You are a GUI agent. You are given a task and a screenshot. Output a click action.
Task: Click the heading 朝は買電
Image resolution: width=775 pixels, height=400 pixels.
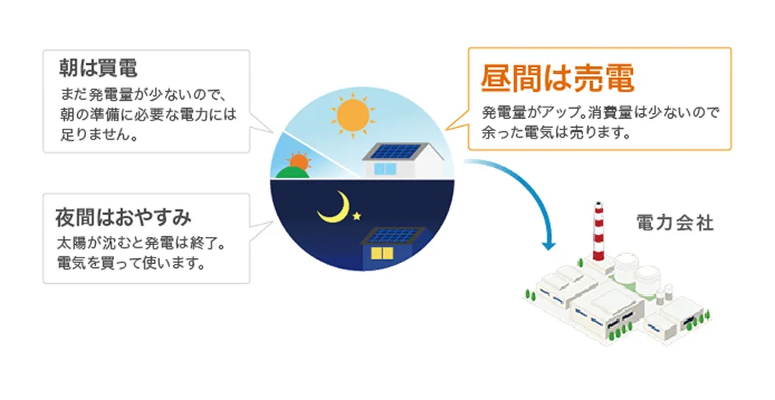tap(98, 69)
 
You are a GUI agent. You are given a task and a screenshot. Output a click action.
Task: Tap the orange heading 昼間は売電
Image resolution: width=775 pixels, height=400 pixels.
tap(557, 79)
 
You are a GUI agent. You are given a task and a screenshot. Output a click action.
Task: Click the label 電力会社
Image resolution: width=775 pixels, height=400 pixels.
tap(675, 223)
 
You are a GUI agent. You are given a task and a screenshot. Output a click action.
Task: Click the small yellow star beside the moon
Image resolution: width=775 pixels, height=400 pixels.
tap(357, 216)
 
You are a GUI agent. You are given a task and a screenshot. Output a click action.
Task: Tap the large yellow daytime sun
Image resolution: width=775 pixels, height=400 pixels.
tap(353, 116)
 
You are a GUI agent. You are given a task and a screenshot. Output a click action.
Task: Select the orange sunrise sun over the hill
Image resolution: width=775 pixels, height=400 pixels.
tap(299, 161)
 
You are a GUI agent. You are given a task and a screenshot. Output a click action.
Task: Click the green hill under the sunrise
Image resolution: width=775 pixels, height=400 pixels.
tap(293, 172)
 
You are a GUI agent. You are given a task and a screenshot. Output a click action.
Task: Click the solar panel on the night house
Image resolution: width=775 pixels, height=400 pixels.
tap(393, 235)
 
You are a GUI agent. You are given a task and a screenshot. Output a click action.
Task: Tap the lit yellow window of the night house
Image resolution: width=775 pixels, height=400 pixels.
tap(382, 254)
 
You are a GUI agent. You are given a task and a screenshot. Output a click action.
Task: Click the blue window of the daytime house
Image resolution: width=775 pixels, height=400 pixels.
tap(385, 170)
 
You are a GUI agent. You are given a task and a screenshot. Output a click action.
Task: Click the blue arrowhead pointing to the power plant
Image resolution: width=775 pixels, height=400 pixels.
tap(549, 245)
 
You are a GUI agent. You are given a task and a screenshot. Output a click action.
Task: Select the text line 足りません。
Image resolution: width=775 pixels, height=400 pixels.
tap(98, 134)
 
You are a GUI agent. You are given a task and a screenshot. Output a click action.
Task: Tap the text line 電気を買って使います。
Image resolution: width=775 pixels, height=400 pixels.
tap(131, 262)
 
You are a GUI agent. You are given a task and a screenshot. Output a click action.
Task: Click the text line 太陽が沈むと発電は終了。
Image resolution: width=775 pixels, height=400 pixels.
tap(141, 244)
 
